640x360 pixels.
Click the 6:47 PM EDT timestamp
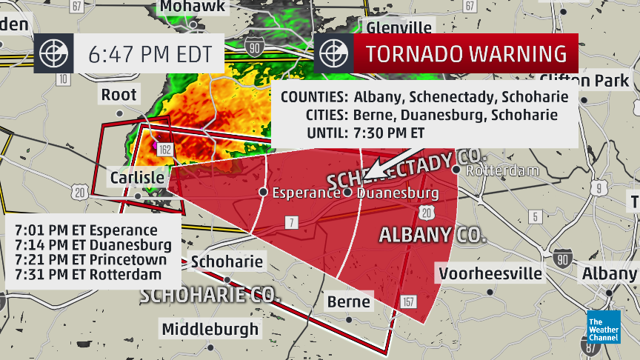pos(150,54)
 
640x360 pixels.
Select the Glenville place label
pos(399,28)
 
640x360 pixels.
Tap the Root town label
pos(119,94)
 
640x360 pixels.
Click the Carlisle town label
pos(137,179)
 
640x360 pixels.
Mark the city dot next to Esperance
pos(263,192)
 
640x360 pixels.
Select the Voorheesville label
pos(490,273)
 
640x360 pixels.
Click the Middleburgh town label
pos(210,328)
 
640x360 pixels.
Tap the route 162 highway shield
pos(164,150)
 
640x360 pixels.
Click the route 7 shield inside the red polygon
pos(293,223)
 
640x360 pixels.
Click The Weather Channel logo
pos(602,327)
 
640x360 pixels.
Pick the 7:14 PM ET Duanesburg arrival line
pos(93,244)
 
